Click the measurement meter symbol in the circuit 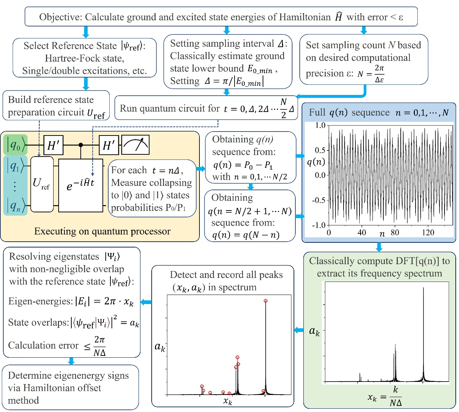coord(135,145)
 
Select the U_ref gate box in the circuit coord(42,184)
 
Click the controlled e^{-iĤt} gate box coord(81,186)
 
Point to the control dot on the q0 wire coord(81,145)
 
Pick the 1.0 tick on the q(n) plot coord(320,125)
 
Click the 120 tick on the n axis coord(428,232)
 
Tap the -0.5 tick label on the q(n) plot coord(319,200)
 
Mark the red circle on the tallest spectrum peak coord(266,301)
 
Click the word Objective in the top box coord(60,17)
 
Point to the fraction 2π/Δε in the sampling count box coord(379,74)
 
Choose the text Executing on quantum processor coord(102,231)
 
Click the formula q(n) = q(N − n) coord(246,235)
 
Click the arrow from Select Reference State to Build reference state coord(86,84)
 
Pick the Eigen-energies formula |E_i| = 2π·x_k coord(71,301)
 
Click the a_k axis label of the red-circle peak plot coord(160,347)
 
